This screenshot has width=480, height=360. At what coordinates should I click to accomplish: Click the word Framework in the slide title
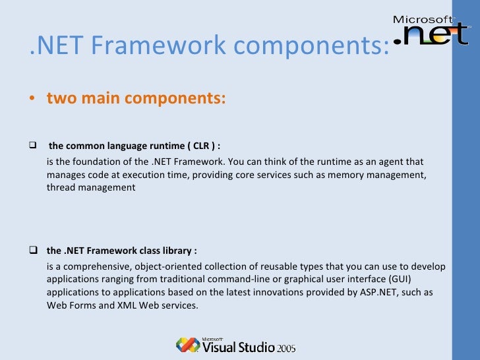point(149,46)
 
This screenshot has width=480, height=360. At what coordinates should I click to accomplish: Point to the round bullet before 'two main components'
point(32,99)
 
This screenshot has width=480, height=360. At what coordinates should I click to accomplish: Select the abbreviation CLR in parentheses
point(202,146)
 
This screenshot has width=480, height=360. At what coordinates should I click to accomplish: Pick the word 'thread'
point(61,187)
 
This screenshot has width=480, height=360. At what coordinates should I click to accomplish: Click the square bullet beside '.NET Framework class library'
point(33,251)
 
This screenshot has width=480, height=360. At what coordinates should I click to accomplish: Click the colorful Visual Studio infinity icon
point(187,345)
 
